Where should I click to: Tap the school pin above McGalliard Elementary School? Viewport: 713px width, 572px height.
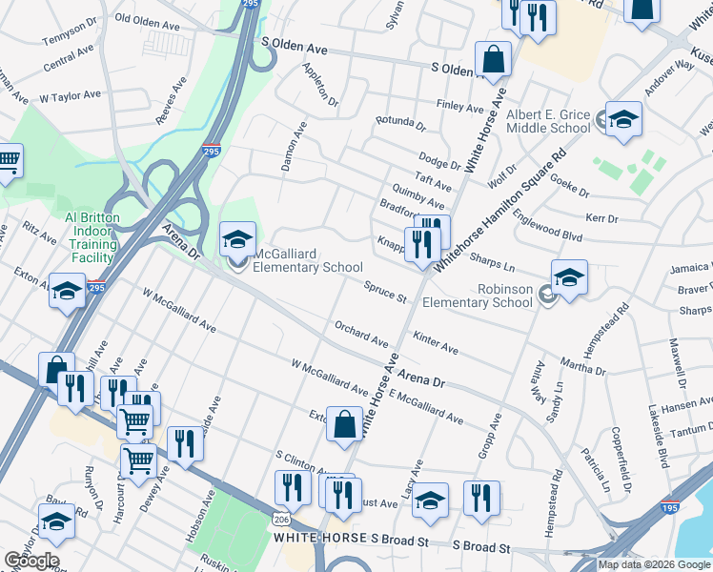point(237,239)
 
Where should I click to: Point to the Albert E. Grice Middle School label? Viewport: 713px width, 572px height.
point(548,120)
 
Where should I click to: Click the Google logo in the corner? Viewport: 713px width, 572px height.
point(31,561)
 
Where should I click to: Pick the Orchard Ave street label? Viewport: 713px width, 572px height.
point(361,334)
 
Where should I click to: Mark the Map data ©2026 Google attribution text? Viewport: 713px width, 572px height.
point(655,564)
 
